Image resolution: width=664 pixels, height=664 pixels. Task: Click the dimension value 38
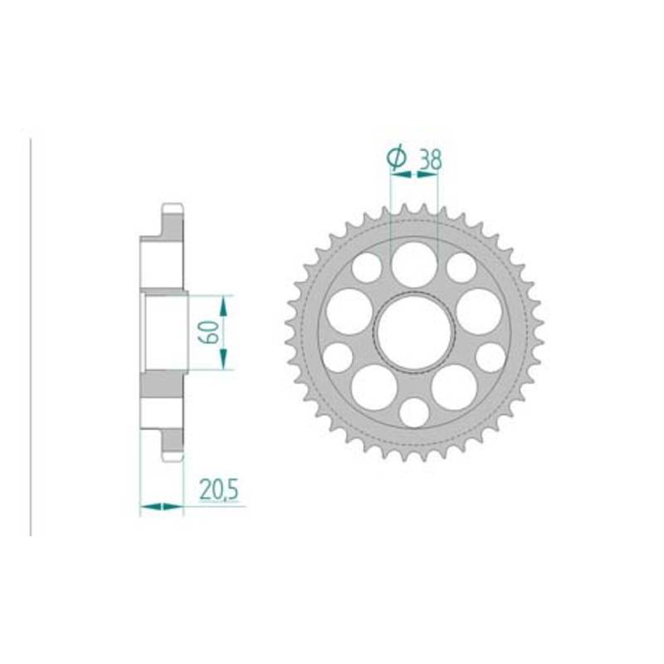pos(430,159)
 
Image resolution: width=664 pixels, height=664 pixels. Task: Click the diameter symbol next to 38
pos(397,158)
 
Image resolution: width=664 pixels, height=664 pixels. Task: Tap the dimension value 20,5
pos(219,491)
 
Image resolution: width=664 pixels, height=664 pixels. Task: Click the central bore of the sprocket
pos(414,331)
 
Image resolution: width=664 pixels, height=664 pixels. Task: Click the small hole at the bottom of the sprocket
pos(414,413)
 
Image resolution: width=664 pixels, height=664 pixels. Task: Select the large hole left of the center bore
pos(349,311)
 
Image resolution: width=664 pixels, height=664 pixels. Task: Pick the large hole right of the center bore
pos(479,311)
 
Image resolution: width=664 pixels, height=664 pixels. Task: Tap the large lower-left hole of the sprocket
pos(374,388)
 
